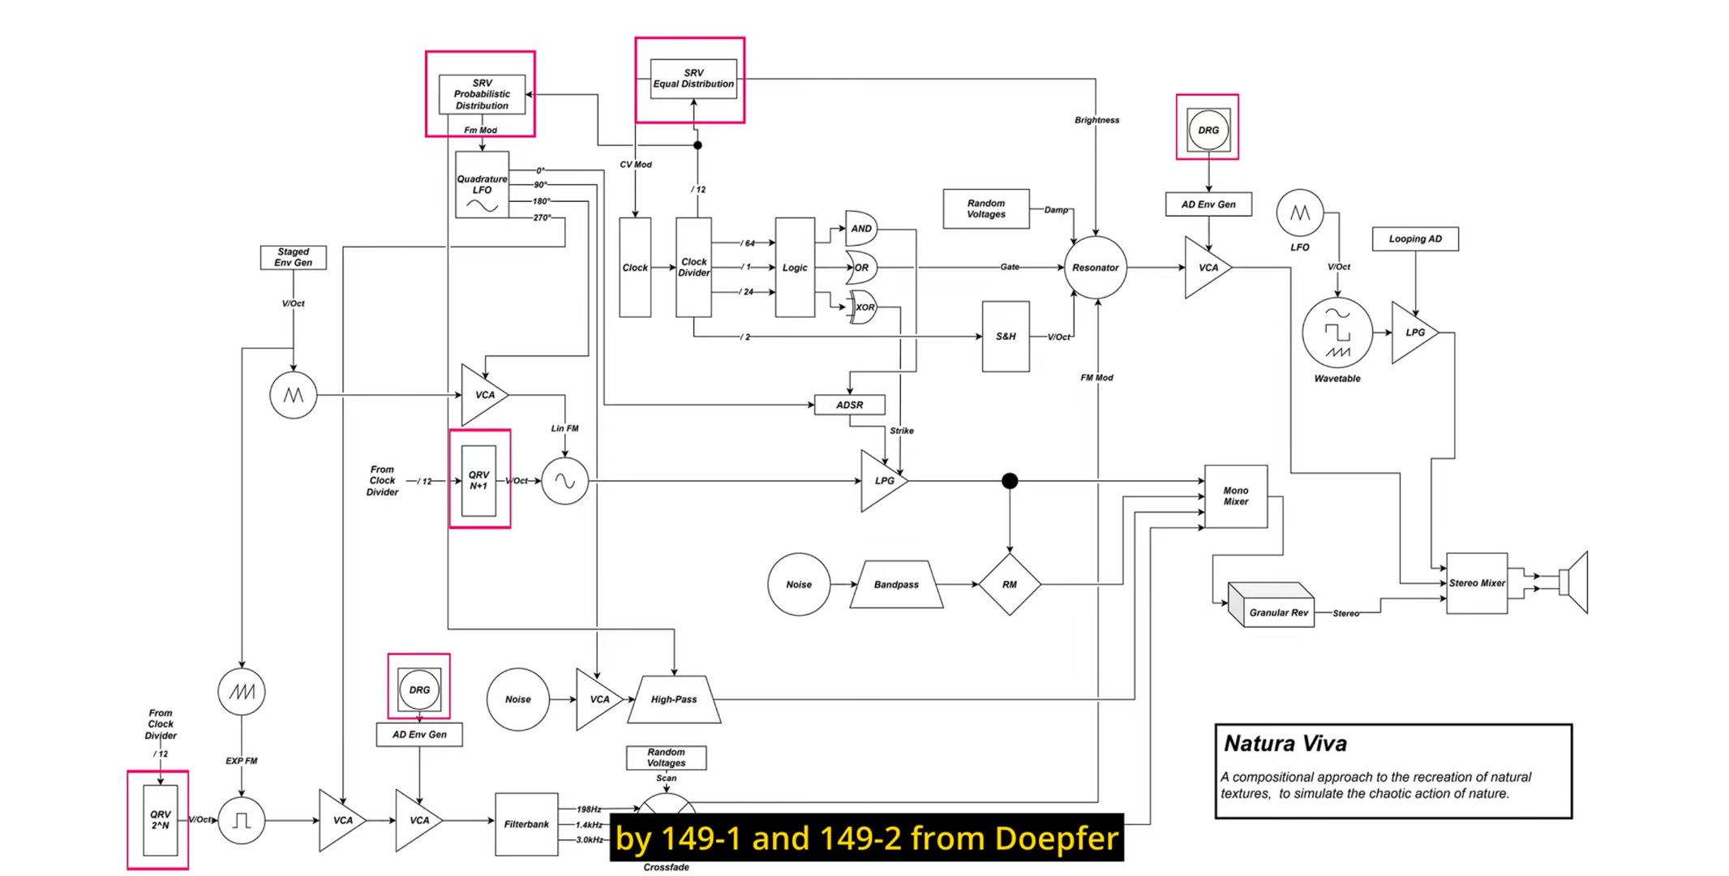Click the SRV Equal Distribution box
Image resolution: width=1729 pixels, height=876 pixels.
pos(693,79)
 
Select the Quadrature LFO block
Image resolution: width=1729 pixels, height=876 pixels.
pos(482,185)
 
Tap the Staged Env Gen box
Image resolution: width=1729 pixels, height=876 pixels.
pos(293,257)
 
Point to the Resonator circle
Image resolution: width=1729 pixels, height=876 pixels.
pos(1095,268)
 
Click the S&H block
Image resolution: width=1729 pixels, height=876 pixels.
pos(1006,337)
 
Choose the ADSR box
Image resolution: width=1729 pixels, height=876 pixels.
pos(849,405)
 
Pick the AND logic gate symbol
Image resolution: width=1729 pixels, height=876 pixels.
pos(860,229)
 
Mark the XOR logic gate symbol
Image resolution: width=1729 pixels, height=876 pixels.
pos(864,307)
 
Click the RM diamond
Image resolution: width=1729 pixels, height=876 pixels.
pos(1009,584)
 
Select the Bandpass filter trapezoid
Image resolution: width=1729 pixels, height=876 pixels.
pos(896,584)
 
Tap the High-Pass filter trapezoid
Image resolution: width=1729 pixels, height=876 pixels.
pos(674,699)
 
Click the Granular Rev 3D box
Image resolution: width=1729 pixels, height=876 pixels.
pos(1273,607)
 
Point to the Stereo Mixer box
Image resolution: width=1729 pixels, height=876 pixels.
pos(1477,583)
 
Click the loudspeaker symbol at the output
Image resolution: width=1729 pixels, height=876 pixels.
pos(1575,582)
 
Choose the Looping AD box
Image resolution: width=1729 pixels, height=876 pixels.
pos(1415,239)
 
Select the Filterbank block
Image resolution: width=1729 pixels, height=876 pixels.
pos(526,824)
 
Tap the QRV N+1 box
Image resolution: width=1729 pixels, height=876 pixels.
pos(478,480)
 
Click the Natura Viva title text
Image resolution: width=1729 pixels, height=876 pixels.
pos(1285,744)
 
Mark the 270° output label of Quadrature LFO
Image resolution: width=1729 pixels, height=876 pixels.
pos(542,217)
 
